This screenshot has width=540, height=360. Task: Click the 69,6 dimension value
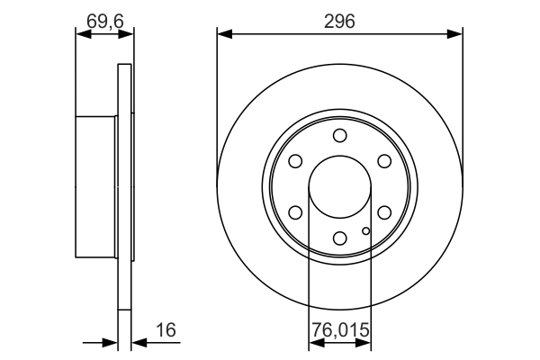click(105, 18)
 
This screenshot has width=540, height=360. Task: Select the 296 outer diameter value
click(339, 18)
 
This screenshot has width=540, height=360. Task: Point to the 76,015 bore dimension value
click(339, 330)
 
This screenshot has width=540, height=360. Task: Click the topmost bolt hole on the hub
click(339, 136)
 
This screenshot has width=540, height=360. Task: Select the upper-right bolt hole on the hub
click(384, 161)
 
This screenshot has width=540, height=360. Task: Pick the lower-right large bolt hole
click(384, 212)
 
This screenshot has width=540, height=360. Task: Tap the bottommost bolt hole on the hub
click(339, 238)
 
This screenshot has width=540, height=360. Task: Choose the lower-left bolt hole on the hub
click(295, 212)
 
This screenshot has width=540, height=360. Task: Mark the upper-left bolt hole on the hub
click(295, 161)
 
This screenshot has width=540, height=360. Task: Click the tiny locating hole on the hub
click(365, 231)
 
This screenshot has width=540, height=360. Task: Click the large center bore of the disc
click(339, 187)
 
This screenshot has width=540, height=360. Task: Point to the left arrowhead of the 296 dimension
click(224, 34)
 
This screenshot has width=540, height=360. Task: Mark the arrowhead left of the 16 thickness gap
click(112, 342)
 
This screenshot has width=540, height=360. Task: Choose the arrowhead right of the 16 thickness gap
click(139, 342)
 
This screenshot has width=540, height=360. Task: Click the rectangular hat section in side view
click(97, 187)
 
